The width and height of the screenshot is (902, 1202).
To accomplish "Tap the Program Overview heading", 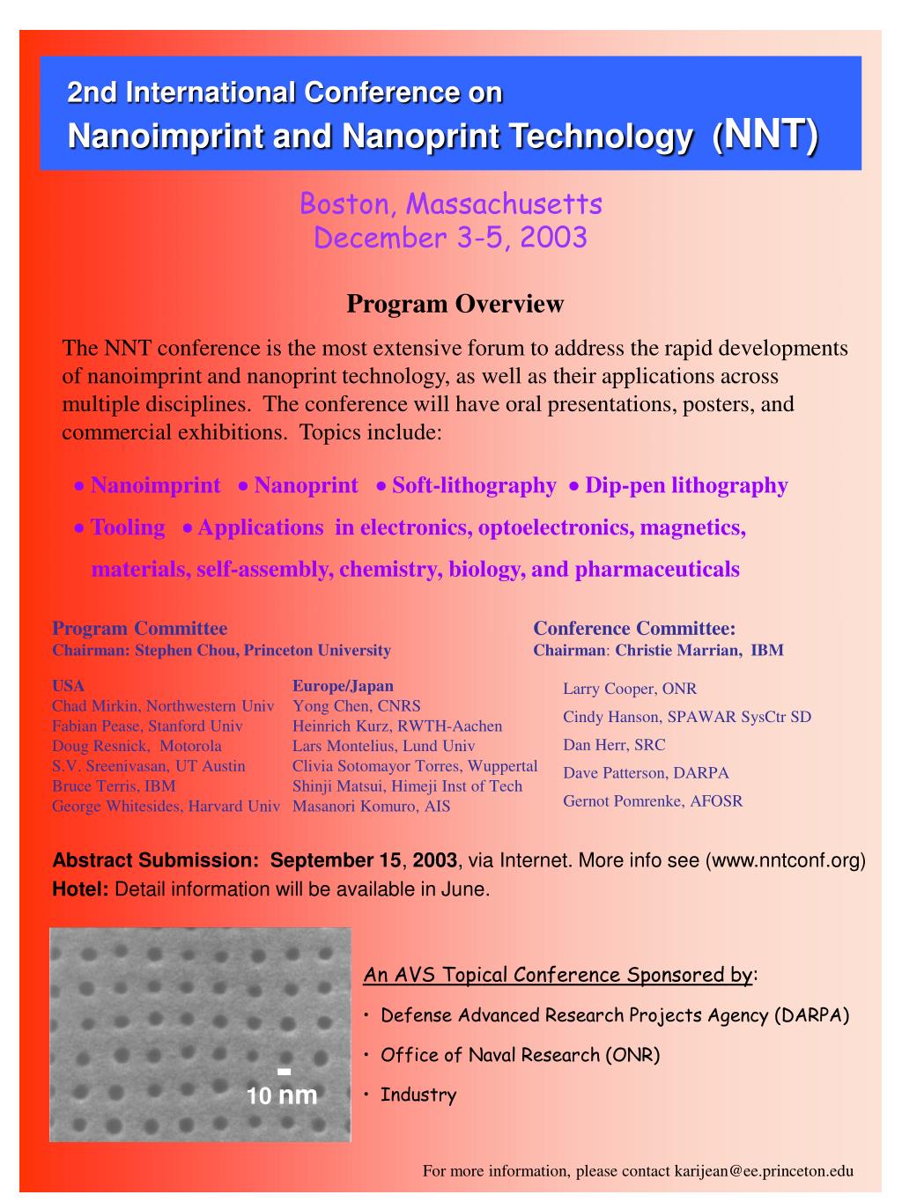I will click(x=455, y=304).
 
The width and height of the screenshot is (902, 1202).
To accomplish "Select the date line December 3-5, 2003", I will click(x=450, y=238).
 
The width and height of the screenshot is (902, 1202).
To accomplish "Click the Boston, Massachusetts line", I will click(x=450, y=204).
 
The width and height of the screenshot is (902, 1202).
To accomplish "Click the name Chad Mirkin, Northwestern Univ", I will click(x=163, y=705).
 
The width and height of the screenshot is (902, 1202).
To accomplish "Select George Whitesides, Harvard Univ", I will click(x=166, y=806).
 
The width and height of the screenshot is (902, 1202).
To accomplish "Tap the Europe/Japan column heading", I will click(x=343, y=686).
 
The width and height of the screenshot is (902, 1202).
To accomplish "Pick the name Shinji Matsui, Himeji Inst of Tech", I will click(x=407, y=785).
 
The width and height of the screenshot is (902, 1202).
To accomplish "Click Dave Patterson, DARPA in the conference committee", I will click(x=646, y=773).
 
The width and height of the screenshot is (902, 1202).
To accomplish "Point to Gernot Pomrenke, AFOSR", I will click(x=653, y=801).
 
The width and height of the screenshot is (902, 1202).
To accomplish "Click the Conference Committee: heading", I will click(x=634, y=628).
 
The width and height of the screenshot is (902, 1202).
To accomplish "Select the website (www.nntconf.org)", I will click(x=786, y=860).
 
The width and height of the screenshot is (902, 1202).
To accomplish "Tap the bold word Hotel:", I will click(x=80, y=889).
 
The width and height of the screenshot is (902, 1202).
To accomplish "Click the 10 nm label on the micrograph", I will click(x=281, y=1096).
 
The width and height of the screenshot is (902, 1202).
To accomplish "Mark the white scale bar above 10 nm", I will click(x=284, y=1072).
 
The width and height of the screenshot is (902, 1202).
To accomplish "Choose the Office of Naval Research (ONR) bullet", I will click(x=520, y=1055).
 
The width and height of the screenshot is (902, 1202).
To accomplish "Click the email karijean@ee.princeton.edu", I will click(x=764, y=1171).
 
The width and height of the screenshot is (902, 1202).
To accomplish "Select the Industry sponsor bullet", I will click(x=418, y=1095).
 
